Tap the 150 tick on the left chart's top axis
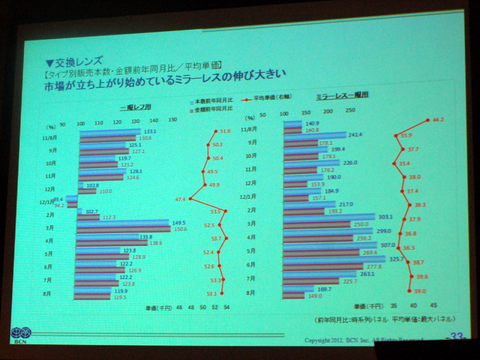[x=172, y=121]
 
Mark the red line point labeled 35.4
[x=396, y=163]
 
